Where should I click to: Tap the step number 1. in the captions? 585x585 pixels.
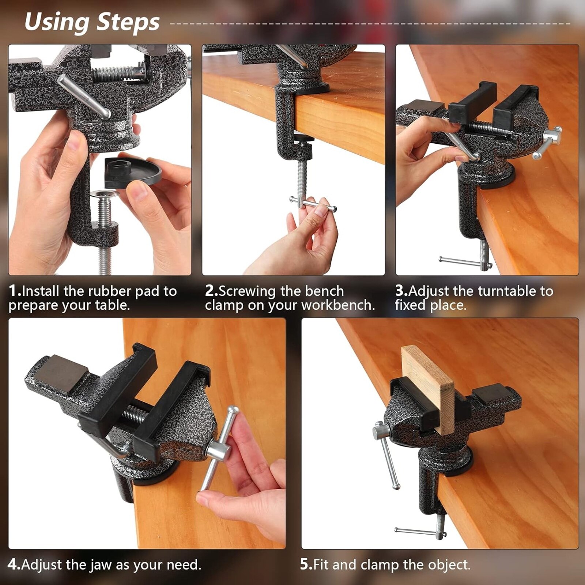pos(15,291)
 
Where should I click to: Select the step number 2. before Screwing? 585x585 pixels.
pos(211,291)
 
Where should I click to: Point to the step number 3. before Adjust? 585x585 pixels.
pos(401,291)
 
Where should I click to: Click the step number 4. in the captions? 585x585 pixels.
pos(14,565)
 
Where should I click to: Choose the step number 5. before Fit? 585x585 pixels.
pos(306,565)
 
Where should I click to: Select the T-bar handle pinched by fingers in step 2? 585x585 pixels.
pos(313,204)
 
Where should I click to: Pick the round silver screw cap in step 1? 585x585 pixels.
pos(105,194)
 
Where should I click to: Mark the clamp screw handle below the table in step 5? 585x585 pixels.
pos(420,532)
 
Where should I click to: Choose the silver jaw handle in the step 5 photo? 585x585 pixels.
pos(386,453)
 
